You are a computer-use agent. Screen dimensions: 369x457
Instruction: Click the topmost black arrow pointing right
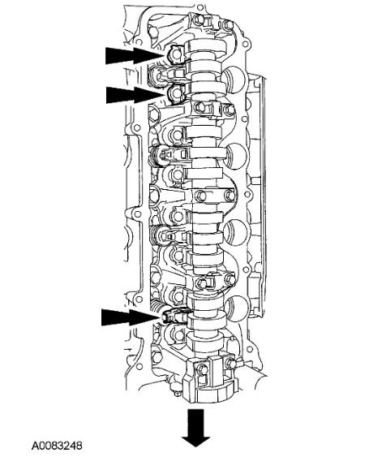pyautogui.click(x=134, y=55)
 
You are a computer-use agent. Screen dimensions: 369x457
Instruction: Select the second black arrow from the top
pyautogui.click(x=135, y=95)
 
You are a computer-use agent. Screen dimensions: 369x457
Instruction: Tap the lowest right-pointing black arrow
pyautogui.click(x=131, y=317)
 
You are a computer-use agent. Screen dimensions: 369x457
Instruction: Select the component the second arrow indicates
pyautogui.click(x=177, y=93)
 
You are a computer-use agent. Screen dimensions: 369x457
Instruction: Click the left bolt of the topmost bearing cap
pyautogui.click(x=199, y=19)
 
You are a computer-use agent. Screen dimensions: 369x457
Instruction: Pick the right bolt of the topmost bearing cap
pyautogui.click(x=229, y=25)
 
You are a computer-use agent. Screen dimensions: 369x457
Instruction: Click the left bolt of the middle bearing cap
pyautogui.click(x=200, y=196)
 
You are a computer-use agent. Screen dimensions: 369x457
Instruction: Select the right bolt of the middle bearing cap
pyautogui.click(x=230, y=196)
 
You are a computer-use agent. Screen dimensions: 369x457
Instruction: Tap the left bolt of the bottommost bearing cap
pyautogui.click(x=201, y=369)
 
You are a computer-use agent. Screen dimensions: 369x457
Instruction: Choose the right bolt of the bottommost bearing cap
pyautogui.click(x=230, y=363)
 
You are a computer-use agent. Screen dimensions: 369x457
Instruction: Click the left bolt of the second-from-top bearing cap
pyautogui.click(x=200, y=107)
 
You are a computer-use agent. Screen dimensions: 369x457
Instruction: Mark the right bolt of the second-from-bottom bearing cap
pyautogui.click(x=230, y=280)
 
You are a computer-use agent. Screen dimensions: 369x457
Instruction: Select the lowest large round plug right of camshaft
pyautogui.click(x=238, y=309)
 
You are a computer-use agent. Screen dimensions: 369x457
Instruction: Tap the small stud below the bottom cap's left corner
pyautogui.click(x=177, y=394)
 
